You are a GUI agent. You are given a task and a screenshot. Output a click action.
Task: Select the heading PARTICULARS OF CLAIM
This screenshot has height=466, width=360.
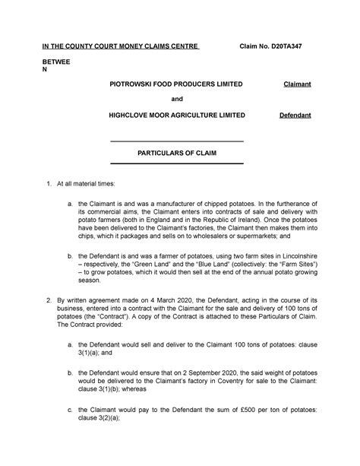click(177, 152)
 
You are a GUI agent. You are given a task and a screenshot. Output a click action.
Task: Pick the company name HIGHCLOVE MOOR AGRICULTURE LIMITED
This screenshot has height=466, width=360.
click(178, 115)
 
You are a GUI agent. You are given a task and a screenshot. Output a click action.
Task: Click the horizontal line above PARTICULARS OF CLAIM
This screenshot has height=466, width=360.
click(177, 141)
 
